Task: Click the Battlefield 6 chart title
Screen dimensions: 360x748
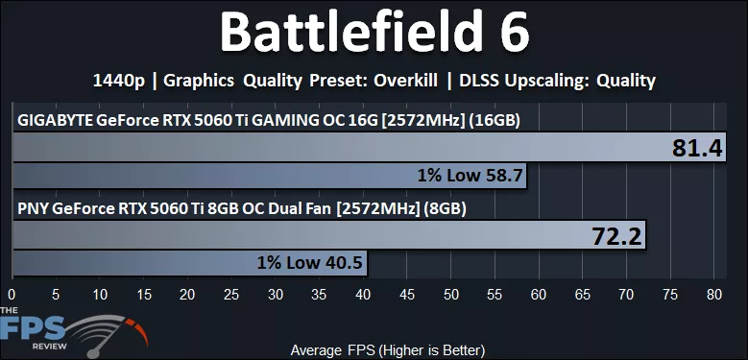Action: tap(374, 35)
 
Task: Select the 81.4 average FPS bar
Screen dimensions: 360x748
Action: tap(336, 147)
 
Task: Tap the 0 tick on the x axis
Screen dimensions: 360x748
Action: tap(12, 294)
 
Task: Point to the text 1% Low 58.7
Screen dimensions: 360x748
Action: tap(470, 176)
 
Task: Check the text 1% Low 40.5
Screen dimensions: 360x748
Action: tap(308, 262)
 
